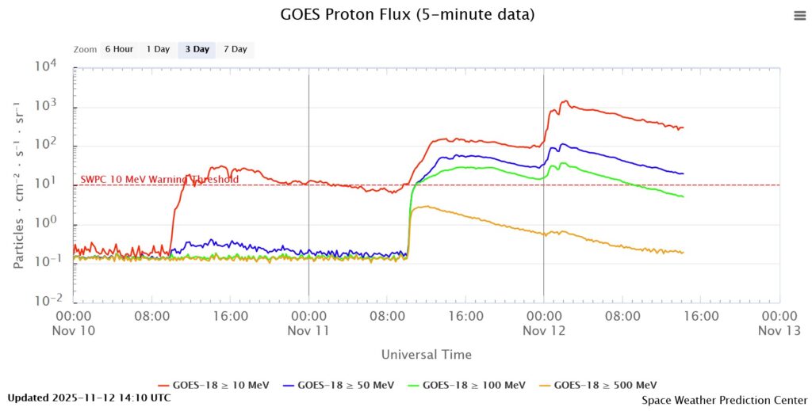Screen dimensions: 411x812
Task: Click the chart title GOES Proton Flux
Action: pyautogui.click(x=408, y=15)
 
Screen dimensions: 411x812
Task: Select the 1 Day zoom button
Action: pyautogui.click(x=158, y=49)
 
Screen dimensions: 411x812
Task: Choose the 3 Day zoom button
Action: pyautogui.click(x=197, y=49)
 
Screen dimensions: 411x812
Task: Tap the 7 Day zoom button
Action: pyautogui.click(x=236, y=49)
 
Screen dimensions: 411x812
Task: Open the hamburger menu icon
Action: pyautogui.click(x=799, y=16)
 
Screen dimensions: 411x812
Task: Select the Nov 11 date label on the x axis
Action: pyautogui.click(x=308, y=331)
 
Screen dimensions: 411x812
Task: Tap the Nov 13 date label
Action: pyautogui.click(x=779, y=331)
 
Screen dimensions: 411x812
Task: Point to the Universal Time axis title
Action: pyautogui.click(x=426, y=354)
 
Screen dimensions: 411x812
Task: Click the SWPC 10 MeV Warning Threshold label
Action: pyautogui.click(x=159, y=180)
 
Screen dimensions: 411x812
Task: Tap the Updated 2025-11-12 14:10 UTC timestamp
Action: pyautogui.click(x=89, y=398)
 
